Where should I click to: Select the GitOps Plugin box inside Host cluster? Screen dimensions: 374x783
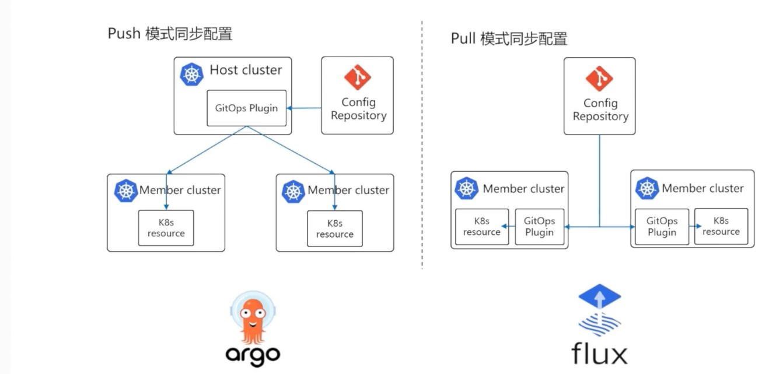(247, 108)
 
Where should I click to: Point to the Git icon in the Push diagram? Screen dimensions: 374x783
(358, 79)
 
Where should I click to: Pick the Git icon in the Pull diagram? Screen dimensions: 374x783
(600, 79)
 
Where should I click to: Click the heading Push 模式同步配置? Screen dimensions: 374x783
(170, 34)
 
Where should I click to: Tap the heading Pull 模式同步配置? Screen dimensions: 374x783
(509, 39)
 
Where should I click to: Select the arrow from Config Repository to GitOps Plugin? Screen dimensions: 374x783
(305, 108)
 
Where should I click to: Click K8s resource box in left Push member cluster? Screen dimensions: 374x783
(166, 228)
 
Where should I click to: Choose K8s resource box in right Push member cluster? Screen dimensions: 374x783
(335, 228)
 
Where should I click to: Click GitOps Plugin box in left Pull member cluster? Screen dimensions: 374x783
(539, 227)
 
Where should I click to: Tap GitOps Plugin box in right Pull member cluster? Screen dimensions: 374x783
(662, 227)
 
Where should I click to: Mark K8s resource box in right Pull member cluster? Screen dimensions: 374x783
(721, 226)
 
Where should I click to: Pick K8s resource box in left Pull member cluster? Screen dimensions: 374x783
(482, 227)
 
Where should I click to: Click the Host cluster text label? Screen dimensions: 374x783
(246, 70)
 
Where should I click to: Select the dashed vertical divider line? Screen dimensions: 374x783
(422, 146)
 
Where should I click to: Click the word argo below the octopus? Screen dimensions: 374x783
(252, 354)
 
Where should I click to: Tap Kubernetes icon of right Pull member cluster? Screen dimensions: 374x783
(647, 188)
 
